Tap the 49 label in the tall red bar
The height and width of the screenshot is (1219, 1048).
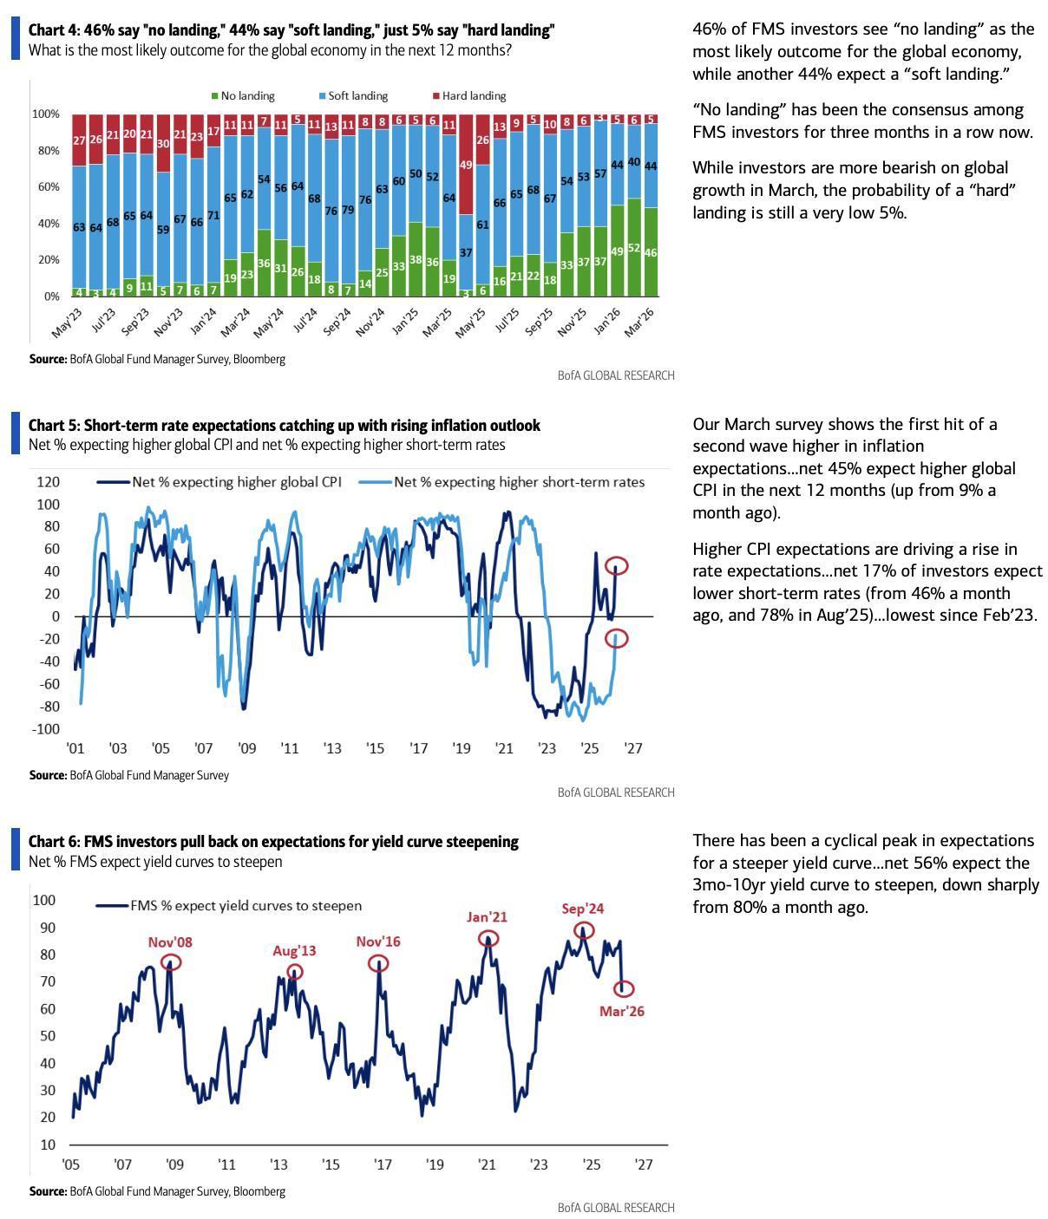466,165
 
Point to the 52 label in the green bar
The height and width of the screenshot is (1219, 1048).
634,249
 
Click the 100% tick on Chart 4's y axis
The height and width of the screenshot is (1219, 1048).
46,114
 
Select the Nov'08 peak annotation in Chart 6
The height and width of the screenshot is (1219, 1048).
170,942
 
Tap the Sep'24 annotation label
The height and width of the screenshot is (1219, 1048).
582,909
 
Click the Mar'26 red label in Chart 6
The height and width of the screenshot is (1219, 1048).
621,1011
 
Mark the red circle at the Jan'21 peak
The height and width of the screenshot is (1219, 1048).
488,938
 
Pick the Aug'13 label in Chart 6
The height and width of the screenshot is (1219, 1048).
294,951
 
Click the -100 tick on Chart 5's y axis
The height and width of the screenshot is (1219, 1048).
46,729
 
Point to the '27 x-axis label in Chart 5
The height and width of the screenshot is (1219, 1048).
633,748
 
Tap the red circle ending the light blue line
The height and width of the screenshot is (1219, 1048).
616,639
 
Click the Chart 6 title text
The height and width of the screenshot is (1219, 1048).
273,842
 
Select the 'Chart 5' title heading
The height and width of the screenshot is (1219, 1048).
284,426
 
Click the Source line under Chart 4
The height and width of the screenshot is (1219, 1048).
157,359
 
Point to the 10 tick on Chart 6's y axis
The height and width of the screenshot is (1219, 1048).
47,1145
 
